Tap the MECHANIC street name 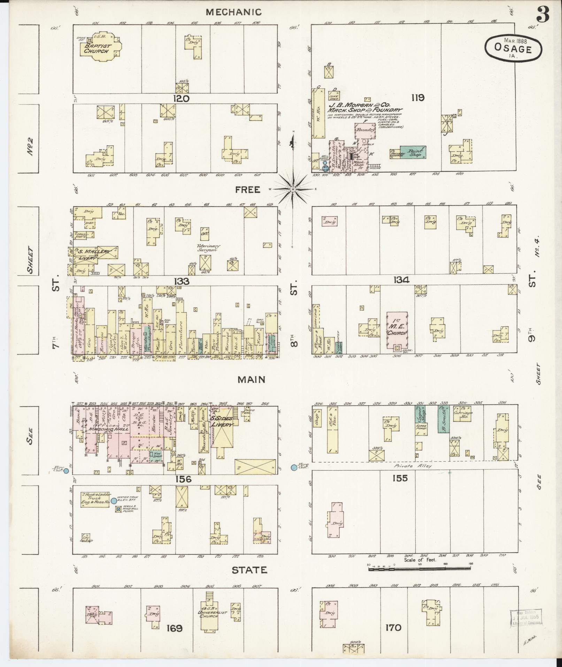coord(233,12)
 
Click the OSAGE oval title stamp coord(513,48)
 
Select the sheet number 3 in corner coord(543,14)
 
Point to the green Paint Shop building coord(413,152)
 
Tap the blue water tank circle coord(114,501)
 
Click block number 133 coord(182,281)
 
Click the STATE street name coord(249,570)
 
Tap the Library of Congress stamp coord(526,617)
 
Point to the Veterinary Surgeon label coord(208,248)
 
